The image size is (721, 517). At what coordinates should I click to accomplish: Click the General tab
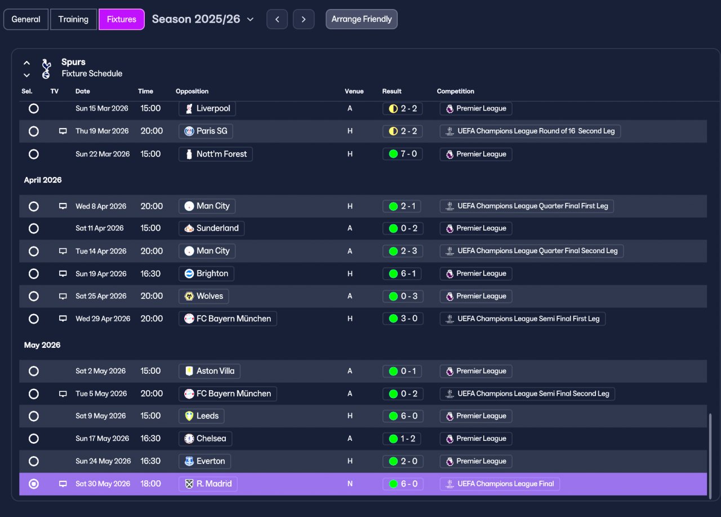point(26,19)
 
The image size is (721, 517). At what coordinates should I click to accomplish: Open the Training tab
point(73,19)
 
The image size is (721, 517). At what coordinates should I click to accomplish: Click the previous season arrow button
point(277,19)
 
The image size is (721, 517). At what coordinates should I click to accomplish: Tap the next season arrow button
point(304,19)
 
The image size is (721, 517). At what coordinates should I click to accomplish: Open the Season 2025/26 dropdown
point(203,19)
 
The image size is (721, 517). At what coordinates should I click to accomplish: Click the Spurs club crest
point(46,68)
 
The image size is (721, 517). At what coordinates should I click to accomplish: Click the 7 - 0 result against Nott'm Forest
point(402,154)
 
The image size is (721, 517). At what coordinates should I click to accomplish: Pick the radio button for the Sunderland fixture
point(33,228)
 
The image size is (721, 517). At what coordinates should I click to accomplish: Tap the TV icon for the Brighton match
point(63,273)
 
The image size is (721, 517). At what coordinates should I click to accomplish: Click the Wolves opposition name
point(210,296)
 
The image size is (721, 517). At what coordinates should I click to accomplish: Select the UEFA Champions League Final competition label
point(500,484)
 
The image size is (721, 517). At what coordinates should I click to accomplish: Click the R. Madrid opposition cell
point(208,484)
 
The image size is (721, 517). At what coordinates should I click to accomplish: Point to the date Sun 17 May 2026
point(102,439)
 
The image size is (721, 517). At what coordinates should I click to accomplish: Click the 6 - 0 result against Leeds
point(403,416)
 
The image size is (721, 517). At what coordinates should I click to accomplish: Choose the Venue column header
point(354,91)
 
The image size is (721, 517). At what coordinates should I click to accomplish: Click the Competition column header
point(456,91)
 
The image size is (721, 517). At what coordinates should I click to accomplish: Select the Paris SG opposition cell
point(206,131)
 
